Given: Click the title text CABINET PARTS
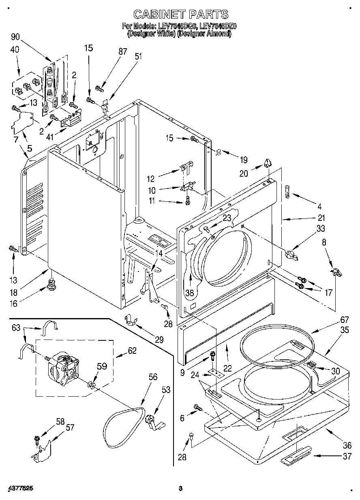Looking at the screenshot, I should (x=180, y=15).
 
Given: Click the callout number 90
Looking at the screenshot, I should (x=15, y=37).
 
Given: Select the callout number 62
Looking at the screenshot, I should (x=132, y=351).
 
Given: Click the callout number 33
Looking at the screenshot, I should (x=320, y=229).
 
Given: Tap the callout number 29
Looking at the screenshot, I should (x=159, y=340).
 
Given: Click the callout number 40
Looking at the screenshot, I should (x=15, y=50).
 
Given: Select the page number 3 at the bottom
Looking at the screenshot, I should (x=181, y=488).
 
